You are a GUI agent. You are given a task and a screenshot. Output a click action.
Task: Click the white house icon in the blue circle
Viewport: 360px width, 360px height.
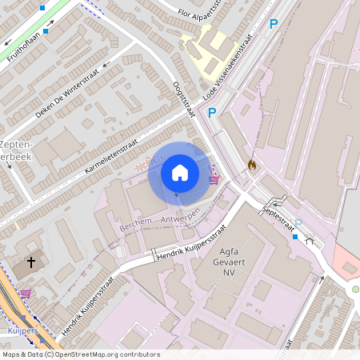coord(180,172)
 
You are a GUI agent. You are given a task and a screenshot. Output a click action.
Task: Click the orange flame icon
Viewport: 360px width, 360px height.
coord(252,165)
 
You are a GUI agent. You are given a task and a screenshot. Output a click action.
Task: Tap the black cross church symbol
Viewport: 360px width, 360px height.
coord(32,262)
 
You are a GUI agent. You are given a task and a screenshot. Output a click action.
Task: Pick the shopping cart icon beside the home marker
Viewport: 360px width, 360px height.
coord(214,179)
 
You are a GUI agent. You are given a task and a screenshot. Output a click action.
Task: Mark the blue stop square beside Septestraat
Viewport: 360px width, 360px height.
coord(294,237)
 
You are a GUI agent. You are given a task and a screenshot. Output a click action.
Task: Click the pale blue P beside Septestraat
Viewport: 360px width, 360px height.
coord(298,224)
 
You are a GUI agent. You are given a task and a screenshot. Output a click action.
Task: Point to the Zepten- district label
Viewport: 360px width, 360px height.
coord(18,144)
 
